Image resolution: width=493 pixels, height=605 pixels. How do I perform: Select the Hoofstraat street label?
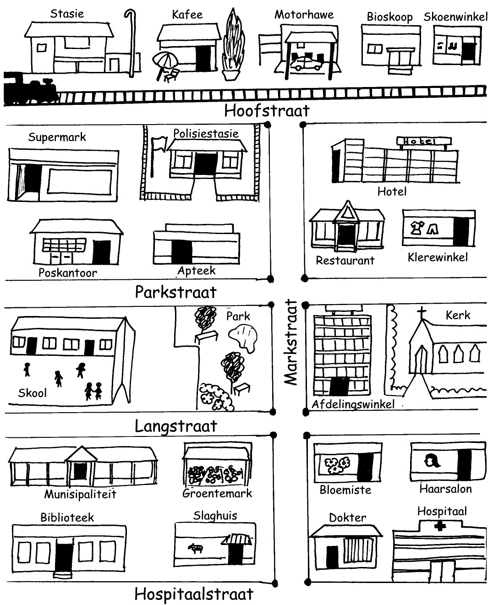(267, 110)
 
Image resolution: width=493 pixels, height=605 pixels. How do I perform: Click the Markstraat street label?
(290, 342)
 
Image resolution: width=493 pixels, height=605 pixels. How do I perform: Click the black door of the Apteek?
(181, 251)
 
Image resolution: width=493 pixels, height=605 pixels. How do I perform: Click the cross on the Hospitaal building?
(440, 527)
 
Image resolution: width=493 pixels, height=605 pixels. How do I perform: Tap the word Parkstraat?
(175, 292)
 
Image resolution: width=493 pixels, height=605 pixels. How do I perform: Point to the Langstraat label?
(175, 426)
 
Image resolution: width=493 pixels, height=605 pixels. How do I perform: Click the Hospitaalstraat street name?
(194, 594)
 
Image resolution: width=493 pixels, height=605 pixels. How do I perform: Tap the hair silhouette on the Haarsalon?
(432, 460)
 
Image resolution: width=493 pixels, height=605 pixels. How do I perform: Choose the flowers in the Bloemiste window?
(337, 465)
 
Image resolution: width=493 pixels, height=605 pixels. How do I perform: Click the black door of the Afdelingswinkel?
(339, 386)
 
